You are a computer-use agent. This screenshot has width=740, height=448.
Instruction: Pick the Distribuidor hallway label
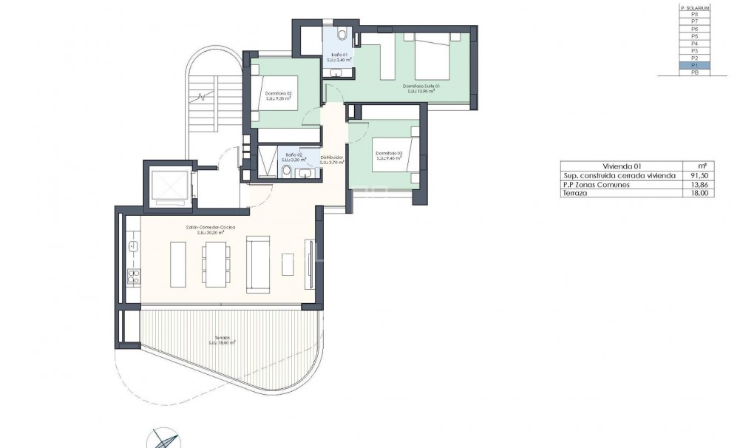(x=330, y=159)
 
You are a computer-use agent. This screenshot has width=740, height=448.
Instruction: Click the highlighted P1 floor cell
(x=694, y=65)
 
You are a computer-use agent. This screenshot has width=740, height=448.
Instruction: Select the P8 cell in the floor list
(x=694, y=15)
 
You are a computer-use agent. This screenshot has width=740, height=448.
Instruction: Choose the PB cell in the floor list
(x=694, y=72)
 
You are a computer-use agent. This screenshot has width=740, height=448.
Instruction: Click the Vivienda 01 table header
(x=615, y=166)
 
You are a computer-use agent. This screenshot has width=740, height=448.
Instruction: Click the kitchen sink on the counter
(x=134, y=246)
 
